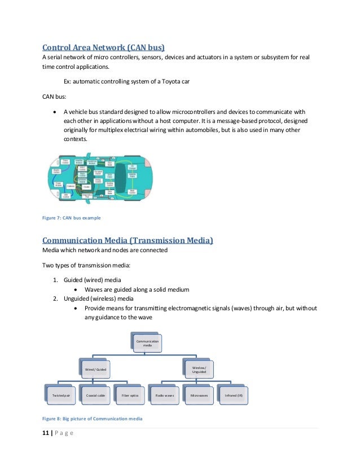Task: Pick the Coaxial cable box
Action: [x=95, y=395]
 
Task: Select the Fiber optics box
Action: [x=130, y=395]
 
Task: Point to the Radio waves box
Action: [x=165, y=395]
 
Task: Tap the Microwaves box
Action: [x=199, y=395]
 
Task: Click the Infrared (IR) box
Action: [x=234, y=395]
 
